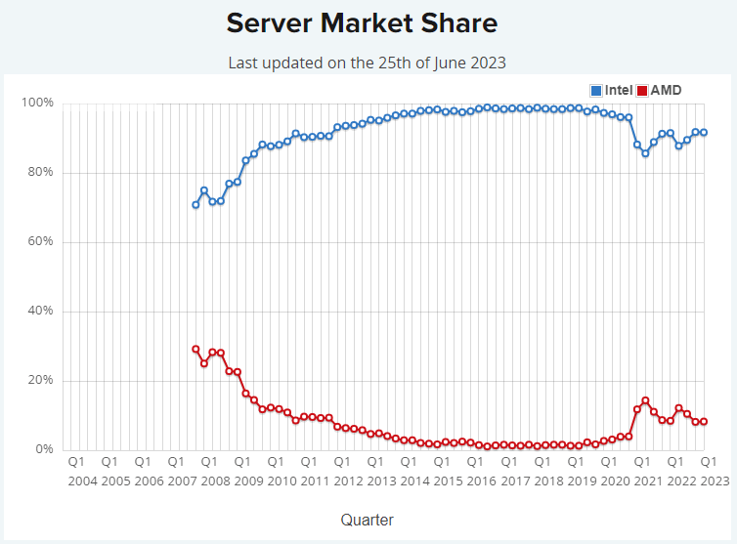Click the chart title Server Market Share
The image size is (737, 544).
(x=362, y=22)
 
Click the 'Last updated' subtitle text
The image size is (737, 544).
(x=367, y=63)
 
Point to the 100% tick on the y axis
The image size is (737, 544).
(x=37, y=104)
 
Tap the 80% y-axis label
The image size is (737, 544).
(x=40, y=173)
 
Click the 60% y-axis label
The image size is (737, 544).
(x=40, y=242)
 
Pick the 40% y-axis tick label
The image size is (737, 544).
(x=40, y=312)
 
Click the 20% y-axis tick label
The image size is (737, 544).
(x=40, y=381)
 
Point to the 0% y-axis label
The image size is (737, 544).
(x=43, y=450)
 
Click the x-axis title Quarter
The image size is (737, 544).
(x=367, y=520)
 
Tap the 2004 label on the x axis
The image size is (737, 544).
(x=82, y=481)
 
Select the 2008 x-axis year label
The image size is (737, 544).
(x=215, y=481)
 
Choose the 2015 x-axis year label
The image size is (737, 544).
(x=448, y=481)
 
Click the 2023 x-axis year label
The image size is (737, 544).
(x=714, y=481)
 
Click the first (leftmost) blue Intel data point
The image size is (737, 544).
(x=195, y=205)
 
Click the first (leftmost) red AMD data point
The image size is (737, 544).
(x=195, y=349)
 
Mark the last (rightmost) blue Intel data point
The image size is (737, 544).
(x=704, y=133)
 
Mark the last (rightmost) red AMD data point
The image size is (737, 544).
(x=704, y=422)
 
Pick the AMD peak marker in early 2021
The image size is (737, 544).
(x=645, y=400)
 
